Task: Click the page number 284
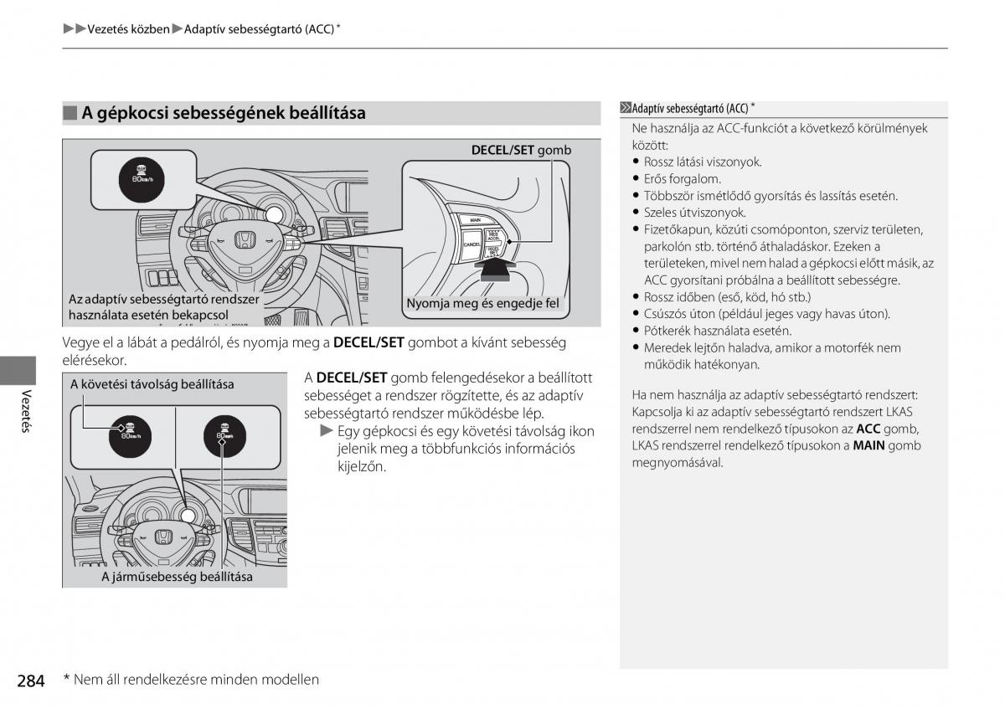coord(30,681)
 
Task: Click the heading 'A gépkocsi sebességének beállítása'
coord(224,113)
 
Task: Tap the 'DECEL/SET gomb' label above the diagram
coord(521,151)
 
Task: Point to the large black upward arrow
coord(497,270)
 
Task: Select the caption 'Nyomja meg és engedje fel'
coord(482,304)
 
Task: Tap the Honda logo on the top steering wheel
coord(245,240)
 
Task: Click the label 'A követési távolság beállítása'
coord(152,384)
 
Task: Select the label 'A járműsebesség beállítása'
coord(177,577)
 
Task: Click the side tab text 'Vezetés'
coord(27,411)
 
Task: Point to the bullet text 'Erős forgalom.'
coord(682,179)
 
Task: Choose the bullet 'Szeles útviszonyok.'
coord(694,213)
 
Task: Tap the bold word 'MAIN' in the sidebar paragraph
coord(869,445)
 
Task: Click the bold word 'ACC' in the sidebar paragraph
coord(868,429)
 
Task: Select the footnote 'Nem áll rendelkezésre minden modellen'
coord(196,680)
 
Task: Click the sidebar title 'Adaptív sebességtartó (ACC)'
coord(690,109)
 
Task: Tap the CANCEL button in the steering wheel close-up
coord(472,243)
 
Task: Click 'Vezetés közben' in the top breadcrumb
coord(128,29)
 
